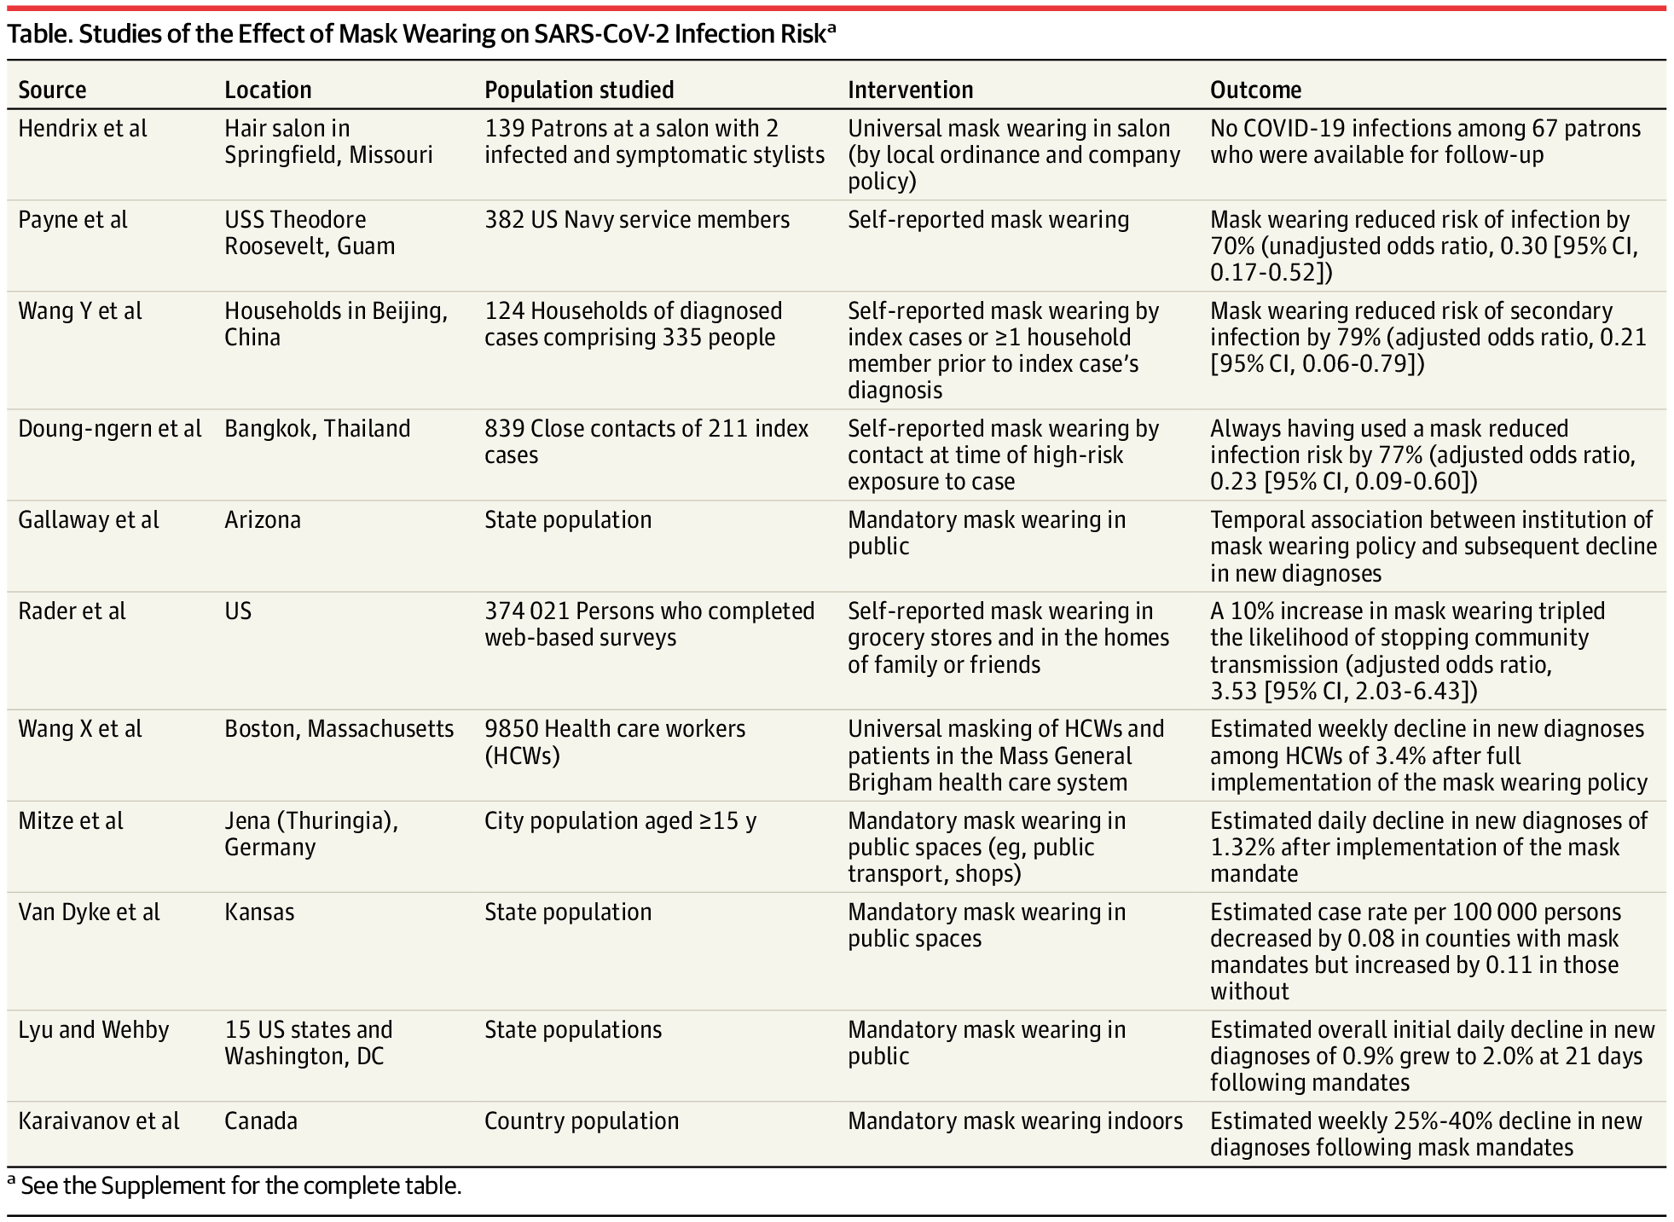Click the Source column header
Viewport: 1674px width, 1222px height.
[x=52, y=90]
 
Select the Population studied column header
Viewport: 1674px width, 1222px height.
[x=579, y=90]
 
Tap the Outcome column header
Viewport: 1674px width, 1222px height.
[x=1255, y=90]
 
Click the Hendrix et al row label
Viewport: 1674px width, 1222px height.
[x=83, y=129]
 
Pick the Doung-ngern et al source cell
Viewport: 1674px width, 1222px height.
[x=110, y=428]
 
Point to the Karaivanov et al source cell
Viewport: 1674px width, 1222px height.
[x=99, y=1121]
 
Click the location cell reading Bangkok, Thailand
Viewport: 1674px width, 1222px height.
[x=317, y=428]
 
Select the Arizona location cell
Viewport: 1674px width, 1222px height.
[x=263, y=519]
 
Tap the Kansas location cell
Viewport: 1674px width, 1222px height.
[x=259, y=912]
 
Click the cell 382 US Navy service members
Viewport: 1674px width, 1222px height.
[x=637, y=220]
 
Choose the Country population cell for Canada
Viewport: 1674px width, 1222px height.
[x=582, y=1121]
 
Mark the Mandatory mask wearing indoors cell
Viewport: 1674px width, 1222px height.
[x=1015, y=1121]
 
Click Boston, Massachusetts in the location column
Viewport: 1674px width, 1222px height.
[x=339, y=729]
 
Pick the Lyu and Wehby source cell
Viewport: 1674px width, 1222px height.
[x=94, y=1029]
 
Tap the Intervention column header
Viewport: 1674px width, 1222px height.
[x=910, y=90]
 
